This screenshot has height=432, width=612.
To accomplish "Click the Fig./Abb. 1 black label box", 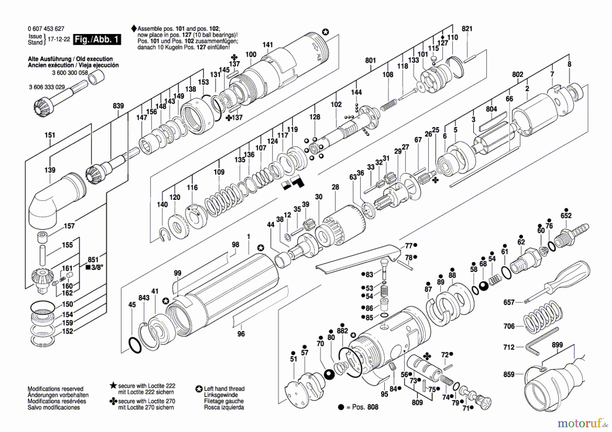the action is pos(97,39).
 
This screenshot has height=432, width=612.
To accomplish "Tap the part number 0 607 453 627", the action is pos(46,29).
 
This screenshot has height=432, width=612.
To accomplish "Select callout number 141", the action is pos(268,45).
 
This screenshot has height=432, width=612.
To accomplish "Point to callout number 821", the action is pos(467,29).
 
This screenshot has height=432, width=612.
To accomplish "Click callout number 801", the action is pos(370,61).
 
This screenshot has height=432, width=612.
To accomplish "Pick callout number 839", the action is pos(118,106).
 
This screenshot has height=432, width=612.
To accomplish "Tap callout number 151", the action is pos(50,135).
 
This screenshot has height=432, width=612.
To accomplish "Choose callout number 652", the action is pos(566,215).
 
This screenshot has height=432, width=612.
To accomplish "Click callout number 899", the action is pos(557,345).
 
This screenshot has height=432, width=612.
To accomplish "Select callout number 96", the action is pos(241,334).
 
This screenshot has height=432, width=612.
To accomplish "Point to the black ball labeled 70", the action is pos(329,375).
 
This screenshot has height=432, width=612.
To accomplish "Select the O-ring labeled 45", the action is pos(135,345).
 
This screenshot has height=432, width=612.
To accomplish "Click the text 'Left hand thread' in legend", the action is pos(224,388).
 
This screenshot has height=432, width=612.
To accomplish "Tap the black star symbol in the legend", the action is pos(113,385).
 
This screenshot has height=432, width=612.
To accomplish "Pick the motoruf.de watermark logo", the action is pos(582,423).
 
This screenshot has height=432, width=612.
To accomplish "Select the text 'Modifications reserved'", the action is pos(55,389).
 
